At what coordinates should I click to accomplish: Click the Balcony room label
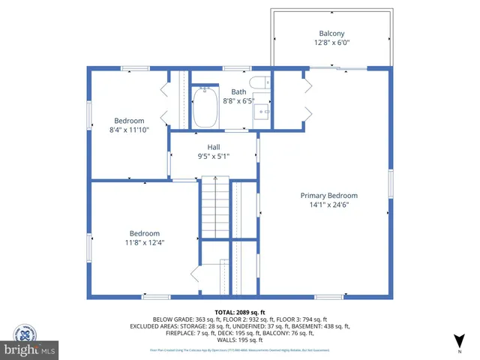[x=331, y=33]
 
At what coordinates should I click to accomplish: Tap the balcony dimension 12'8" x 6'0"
[x=331, y=43]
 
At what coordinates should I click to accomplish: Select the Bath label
[x=238, y=91]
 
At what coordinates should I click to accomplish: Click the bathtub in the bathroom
[x=205, y=109]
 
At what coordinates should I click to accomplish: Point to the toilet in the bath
[x=259, y=83]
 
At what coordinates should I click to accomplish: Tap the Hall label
[x=213, y=147]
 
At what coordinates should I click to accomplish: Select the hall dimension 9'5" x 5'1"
[x=213, y=156]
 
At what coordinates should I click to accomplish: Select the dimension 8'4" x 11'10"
[x=129, y=130]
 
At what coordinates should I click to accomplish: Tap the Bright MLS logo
[x=30, y=349]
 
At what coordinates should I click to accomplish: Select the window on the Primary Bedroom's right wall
[x=390, y=184]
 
